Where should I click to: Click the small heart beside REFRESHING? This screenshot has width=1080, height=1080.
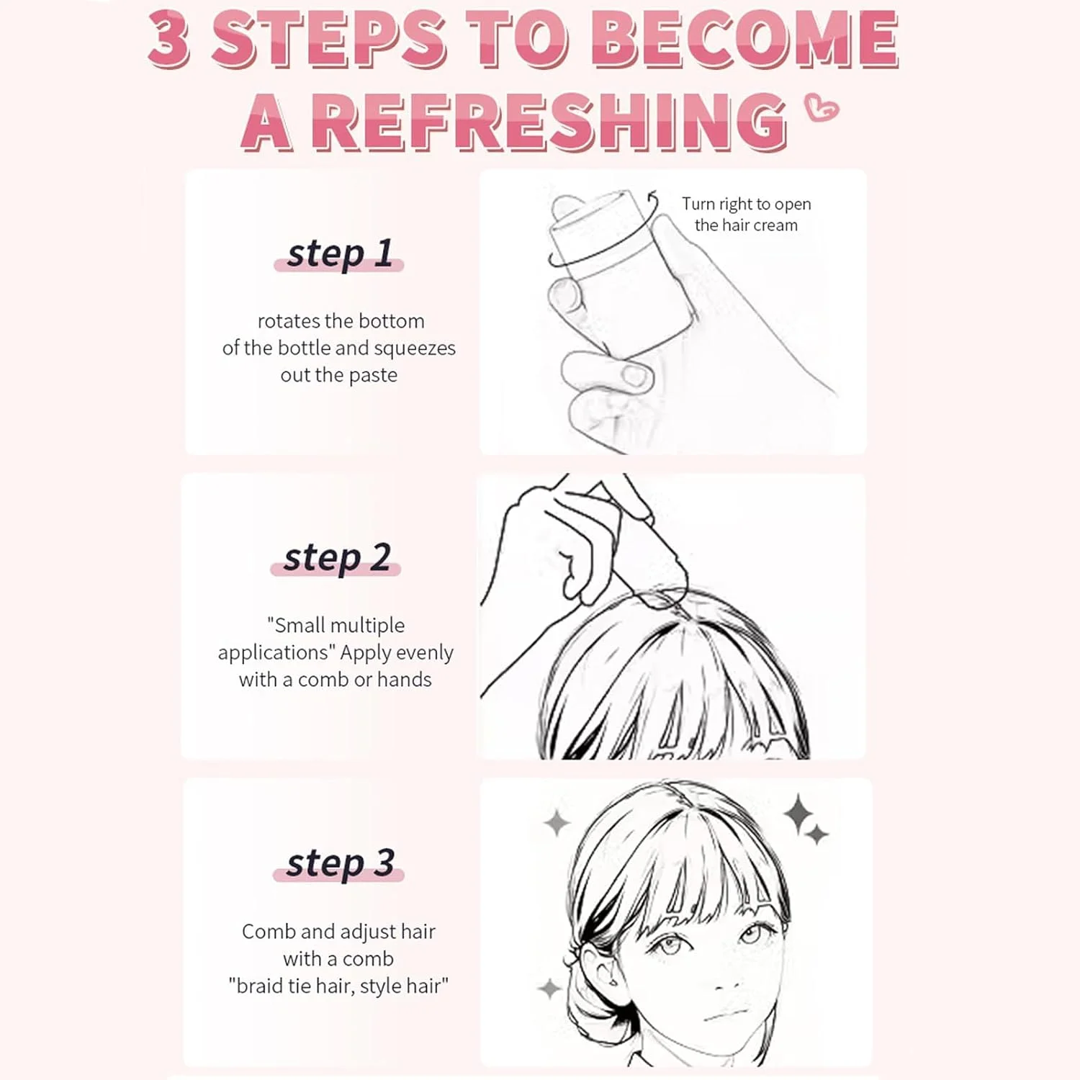click(822, 108)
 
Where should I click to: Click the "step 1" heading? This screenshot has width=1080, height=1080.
click(339, 253)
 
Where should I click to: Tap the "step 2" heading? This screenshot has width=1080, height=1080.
click(337, 558)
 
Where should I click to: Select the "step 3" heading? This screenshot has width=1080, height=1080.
click(340, 863)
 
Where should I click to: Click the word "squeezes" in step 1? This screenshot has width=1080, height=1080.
click(415, 348)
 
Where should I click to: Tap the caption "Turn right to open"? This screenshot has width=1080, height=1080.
click(747, 204)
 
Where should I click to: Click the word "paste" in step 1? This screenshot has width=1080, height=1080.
click(373, 376)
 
